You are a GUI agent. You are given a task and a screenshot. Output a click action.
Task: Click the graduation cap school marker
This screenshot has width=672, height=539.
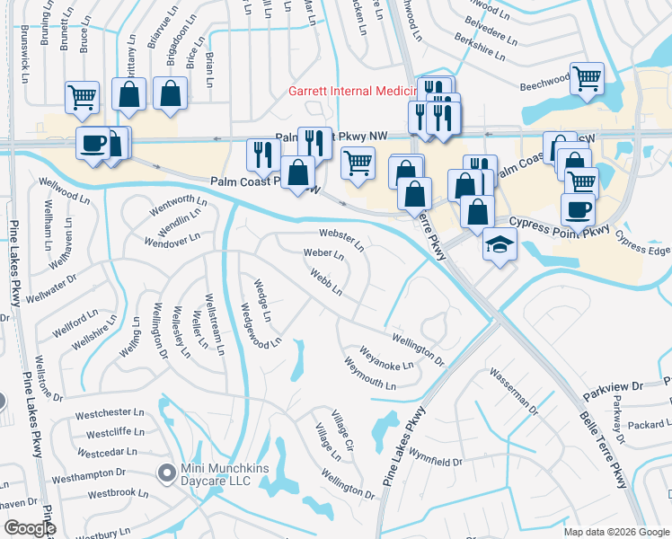coord(499,243)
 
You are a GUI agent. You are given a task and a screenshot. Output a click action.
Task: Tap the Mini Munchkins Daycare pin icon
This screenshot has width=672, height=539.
coord(165,472)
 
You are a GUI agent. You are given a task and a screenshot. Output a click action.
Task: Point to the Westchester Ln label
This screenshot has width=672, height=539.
coord(110,414)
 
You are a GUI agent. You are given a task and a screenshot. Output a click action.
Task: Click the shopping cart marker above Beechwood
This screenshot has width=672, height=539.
coord(587,76)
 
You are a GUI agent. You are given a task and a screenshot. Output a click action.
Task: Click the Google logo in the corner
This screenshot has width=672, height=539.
coord(30,528)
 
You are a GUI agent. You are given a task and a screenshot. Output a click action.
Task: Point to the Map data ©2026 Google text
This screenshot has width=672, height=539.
coord(615,532)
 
